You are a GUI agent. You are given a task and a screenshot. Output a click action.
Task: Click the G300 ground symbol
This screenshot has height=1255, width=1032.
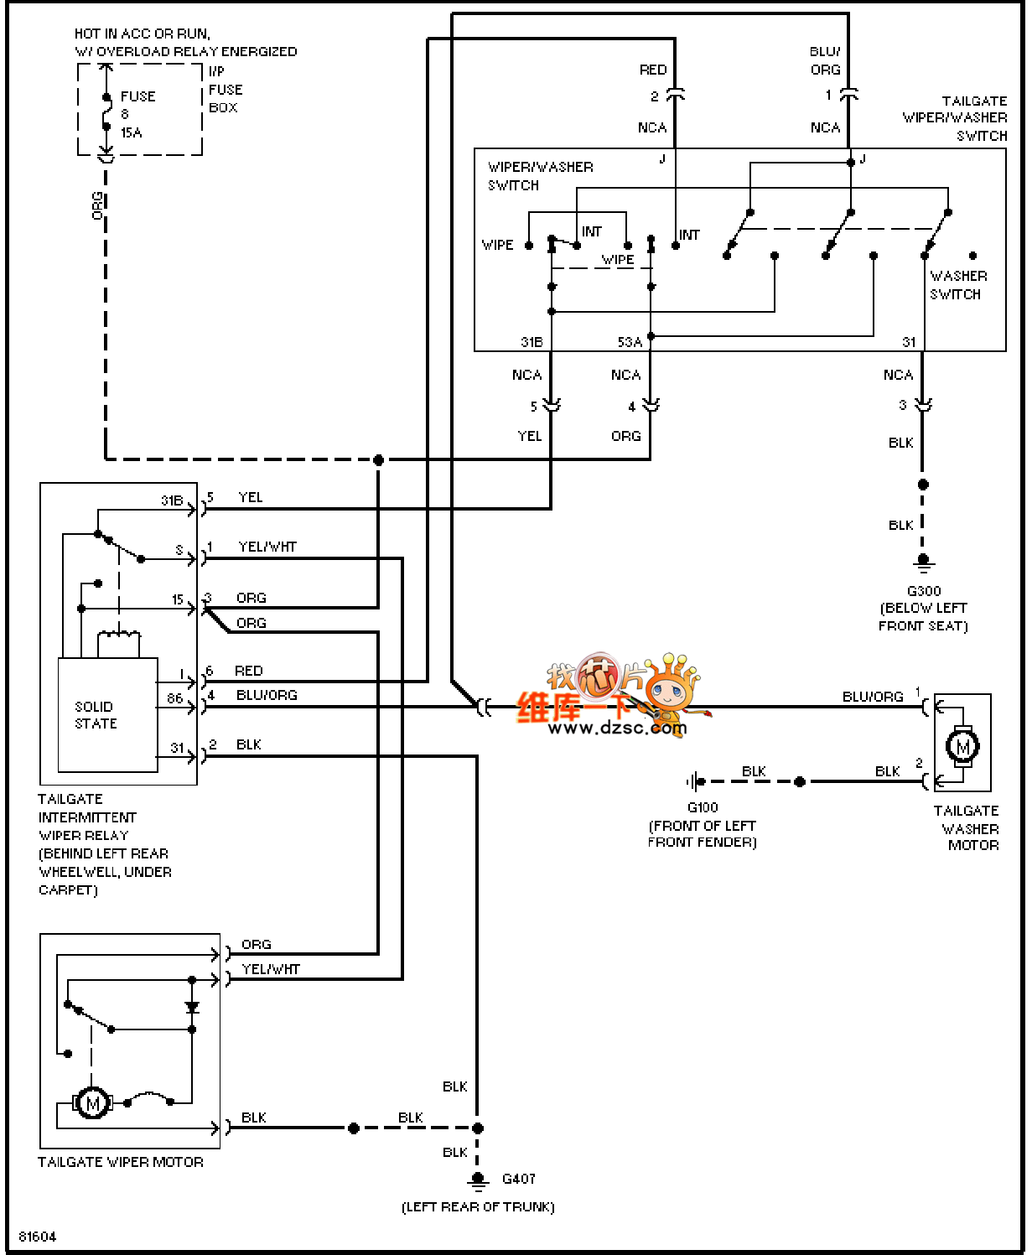point(923,561)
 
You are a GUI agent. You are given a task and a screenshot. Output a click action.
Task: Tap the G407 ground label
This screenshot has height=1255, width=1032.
point(518,1179)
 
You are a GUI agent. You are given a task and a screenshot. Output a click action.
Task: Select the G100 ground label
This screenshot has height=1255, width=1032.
point(703,807)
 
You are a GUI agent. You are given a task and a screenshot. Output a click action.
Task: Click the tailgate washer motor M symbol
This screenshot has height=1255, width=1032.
point(962,745)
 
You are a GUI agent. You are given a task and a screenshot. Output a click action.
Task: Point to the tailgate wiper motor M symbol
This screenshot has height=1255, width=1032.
point(92,1103)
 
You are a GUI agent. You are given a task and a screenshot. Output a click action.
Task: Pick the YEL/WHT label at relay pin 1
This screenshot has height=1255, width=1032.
point(267,547)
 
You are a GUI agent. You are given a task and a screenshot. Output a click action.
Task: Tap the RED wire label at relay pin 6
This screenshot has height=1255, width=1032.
point(248,671)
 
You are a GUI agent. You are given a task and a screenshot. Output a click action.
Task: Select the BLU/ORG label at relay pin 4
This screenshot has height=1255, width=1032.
point(267,695)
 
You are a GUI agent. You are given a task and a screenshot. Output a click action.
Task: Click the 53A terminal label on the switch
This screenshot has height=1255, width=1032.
point(630,342)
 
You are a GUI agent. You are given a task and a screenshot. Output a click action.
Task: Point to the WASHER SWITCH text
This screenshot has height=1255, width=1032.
point(957,285)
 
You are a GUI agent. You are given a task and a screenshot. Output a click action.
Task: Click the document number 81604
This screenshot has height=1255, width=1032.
point(38,1237)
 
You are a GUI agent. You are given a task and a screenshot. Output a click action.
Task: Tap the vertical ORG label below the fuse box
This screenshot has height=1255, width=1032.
point(97,206)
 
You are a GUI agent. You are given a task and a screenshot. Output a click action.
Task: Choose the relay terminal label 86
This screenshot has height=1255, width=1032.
point(174,698)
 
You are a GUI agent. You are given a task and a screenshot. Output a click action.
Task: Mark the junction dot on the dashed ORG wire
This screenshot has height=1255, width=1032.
point(378,459)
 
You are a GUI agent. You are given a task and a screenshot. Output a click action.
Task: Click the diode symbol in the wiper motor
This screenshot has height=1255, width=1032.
point(192,1007)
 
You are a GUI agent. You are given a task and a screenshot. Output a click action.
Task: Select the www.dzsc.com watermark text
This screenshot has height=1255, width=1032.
point(617,728)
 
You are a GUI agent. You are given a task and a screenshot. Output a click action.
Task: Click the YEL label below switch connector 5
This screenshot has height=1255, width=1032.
point(529,436)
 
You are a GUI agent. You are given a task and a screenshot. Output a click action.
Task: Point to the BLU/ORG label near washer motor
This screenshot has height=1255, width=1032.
point(872,697)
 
